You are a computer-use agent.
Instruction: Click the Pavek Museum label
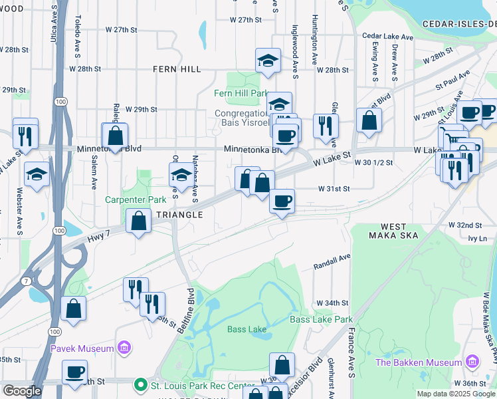click(x=82, y=348)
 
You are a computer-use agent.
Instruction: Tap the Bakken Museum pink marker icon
click(x=472, y=362)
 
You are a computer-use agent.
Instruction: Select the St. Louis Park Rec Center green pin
click(x=140, y=385)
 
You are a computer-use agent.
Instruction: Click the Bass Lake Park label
click(x=321, y=319)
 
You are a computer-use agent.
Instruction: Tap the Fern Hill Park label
click(x=241, y=94)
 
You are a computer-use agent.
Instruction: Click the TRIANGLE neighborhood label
click(x=179, y=215)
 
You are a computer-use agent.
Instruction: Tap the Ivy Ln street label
click(x=477, y=237)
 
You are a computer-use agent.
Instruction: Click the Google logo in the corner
click(x=23, y=390)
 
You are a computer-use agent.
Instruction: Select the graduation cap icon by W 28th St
click(x=268, y=61)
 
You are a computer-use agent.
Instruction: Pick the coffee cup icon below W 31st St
click(x=282, y=200)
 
